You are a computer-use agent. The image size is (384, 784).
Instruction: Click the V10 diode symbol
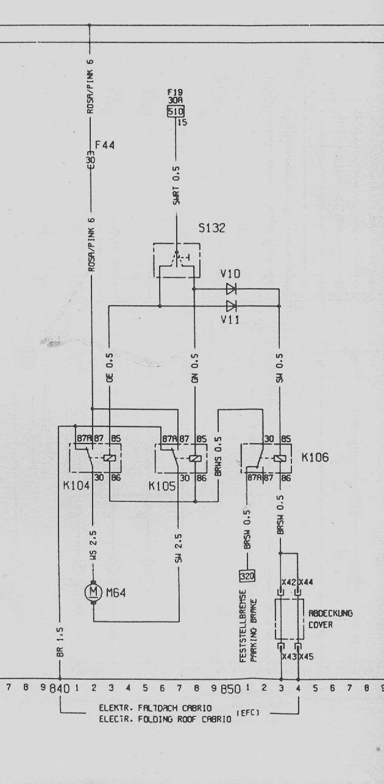[231, 289]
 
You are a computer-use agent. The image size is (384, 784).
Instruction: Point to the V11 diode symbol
[231, 305]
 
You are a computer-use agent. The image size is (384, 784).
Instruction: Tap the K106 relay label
[315, 457]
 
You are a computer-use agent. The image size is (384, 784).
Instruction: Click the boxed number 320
[248, 575]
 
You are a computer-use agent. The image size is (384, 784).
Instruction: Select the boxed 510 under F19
[175, 112]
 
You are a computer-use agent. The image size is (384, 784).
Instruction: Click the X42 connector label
[289, 582]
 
